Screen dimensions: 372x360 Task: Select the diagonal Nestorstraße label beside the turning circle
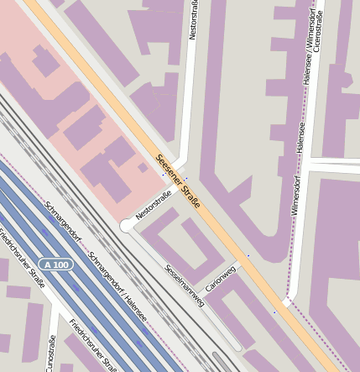click(154, 205)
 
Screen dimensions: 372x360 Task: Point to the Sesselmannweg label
click(184, 286)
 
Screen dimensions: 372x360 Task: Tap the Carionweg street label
click(220, 276)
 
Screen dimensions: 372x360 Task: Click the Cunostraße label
click(50, 353)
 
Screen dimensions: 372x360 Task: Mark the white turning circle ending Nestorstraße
click(127, 226)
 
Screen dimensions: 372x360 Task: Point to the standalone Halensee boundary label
click(300, 138)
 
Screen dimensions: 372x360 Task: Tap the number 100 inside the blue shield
click(62, 265)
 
